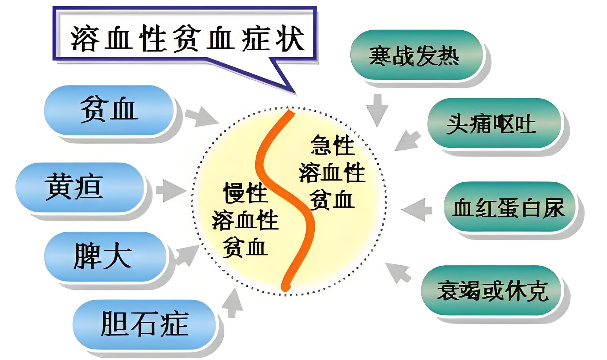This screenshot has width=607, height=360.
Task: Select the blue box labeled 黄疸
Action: tap(80, 187)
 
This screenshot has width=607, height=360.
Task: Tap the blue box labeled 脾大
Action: tap(105, 256)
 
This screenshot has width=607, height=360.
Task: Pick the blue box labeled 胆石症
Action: tap(144, 324)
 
